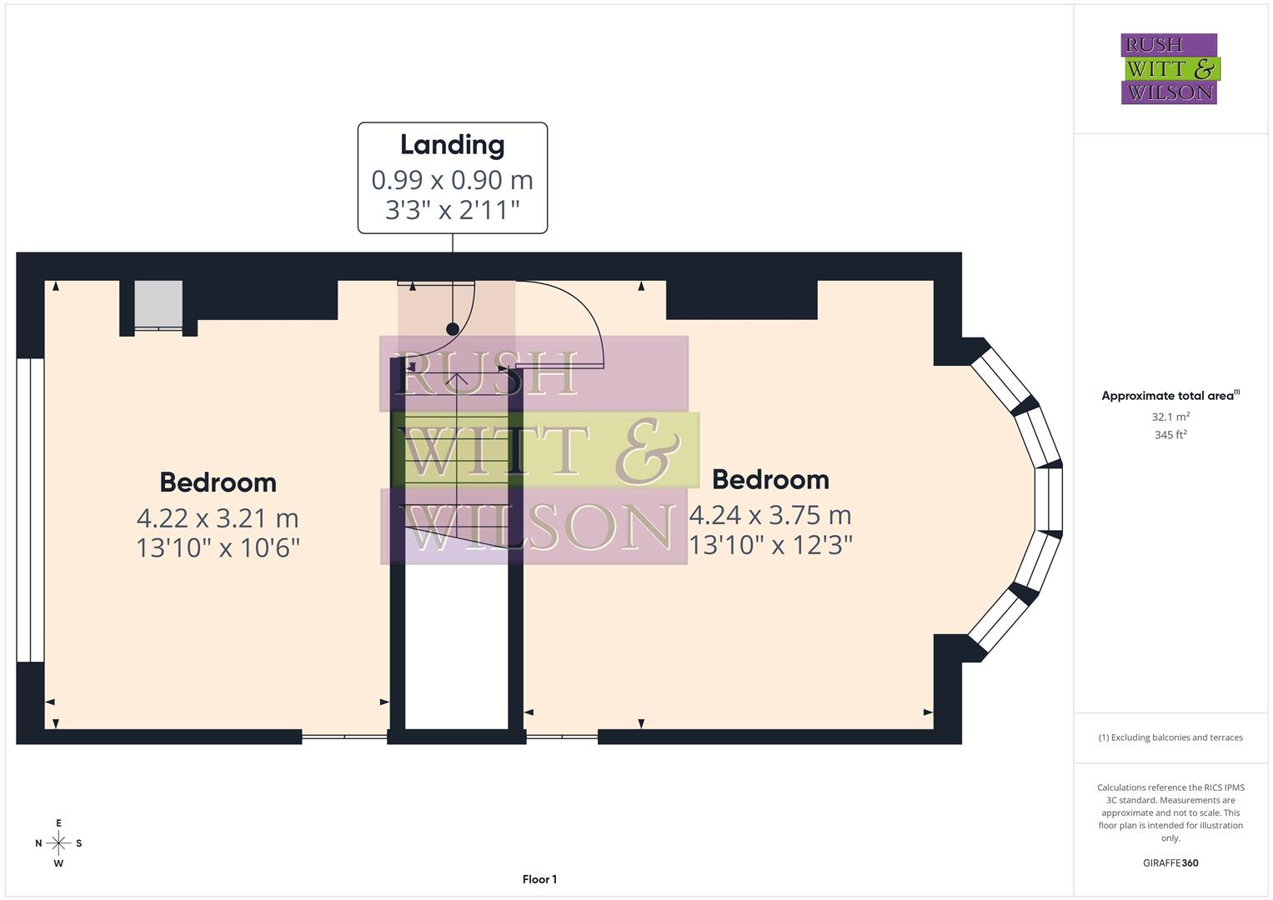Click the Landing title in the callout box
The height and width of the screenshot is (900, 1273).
tap(452, 145)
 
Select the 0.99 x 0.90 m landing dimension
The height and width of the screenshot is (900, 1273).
tap(452, 179)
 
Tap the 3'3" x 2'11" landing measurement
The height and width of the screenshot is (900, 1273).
tap(452, 209)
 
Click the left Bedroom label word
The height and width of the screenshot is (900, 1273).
tap(218, 482)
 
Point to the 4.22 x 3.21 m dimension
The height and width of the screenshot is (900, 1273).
tap(218, 517)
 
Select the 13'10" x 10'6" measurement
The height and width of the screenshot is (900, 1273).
tap(218, 547)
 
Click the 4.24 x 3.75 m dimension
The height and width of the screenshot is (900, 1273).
tap(769, 515)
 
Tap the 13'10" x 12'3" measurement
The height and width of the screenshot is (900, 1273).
tap(769, 545)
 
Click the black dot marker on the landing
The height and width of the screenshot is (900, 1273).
tap(453, 329)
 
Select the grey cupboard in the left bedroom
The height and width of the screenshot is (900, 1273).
tap(158, 304)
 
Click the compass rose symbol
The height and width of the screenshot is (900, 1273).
tap(58, 843)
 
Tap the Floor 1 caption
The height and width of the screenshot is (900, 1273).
tap(539, 879)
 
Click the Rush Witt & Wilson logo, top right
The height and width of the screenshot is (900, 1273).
tap(1169, 69)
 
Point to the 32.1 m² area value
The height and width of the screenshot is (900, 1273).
tap(1170, 417)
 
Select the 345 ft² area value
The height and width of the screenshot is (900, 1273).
tap(1170, 435)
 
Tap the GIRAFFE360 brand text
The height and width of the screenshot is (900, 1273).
tap(1170, 862)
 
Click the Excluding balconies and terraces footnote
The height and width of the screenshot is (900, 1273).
tap(1170, 737)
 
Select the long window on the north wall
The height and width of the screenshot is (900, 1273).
tap(30, 510)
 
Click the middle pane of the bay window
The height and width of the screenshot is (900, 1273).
tap(1049, 499)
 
